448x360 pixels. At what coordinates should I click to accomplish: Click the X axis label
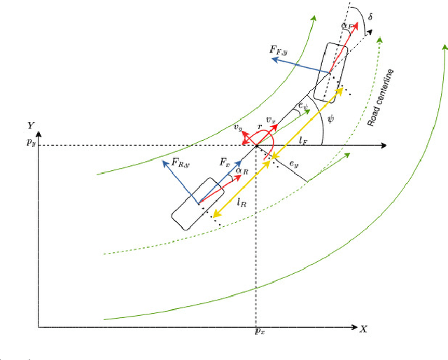click(x=364, y=328)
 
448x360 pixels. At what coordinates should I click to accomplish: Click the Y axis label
click(x=31, y=125)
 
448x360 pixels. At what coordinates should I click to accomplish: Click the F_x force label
click(x=225, y=162)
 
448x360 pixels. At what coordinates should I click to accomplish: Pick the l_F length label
click(x=304, y=141)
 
